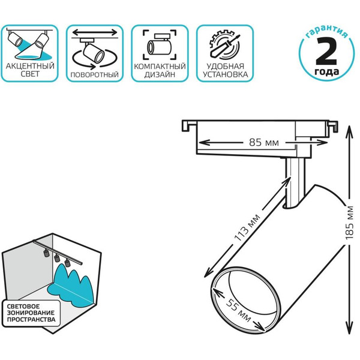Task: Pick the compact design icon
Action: point(158,44)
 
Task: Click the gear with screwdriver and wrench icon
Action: point(223,44)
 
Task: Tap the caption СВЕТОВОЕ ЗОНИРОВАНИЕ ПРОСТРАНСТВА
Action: point(31,313)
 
